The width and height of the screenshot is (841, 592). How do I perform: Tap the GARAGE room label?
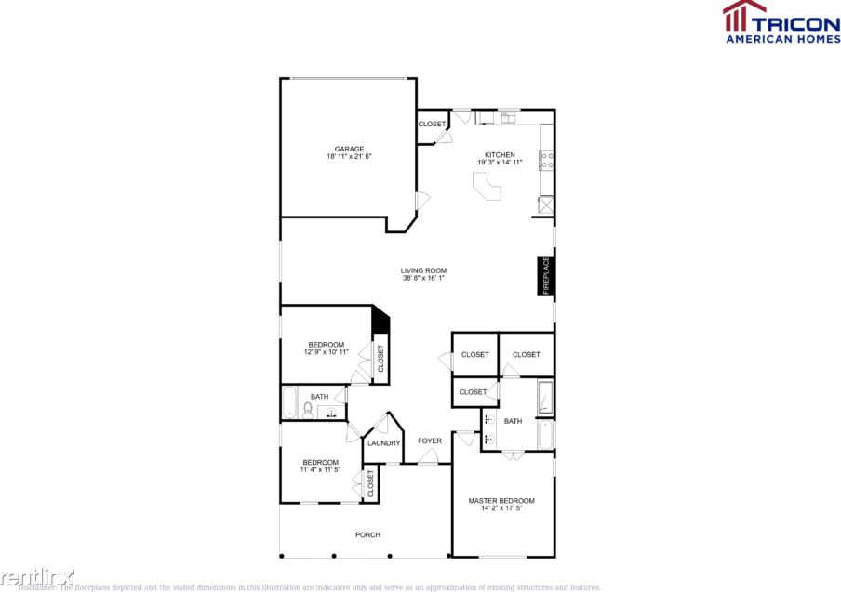(x=349, y=149)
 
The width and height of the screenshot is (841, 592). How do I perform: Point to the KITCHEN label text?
(x=500, y=155)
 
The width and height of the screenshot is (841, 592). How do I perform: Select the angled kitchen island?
(x=487, y=189)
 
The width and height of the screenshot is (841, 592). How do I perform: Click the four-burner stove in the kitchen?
(x=547, y=161)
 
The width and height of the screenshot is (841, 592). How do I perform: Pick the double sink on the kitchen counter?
(x=508, y=117)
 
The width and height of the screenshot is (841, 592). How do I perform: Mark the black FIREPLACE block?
(x=546, y=276)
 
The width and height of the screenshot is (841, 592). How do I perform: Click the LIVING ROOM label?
(x=424, y=270)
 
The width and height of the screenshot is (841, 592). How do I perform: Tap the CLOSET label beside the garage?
(x=432, y=124)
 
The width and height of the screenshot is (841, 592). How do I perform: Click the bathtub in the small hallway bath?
(x=289, y=403)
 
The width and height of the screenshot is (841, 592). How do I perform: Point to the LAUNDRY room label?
(x=383, y=443)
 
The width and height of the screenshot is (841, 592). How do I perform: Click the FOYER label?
(x=429, y=441)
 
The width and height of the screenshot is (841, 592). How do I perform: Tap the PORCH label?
(x=367, y=534)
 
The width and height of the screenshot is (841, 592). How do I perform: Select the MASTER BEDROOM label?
(x=501, y=501)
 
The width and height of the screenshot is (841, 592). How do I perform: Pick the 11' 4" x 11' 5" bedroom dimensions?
(x=320, y=470)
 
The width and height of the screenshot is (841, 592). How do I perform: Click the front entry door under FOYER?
(x=428, y=457)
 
